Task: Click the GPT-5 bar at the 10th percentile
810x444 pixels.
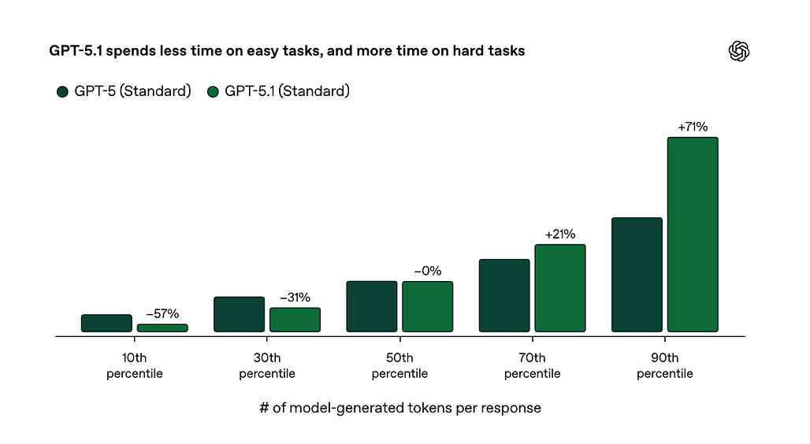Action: click(x=106, y=323)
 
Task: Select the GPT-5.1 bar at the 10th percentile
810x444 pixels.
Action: click(x=162, y=327)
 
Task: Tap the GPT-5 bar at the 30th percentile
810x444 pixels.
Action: click(x=239, y=314)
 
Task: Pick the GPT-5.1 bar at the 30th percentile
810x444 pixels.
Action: click(x=295, y=320)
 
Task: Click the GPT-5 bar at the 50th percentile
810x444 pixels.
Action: click(x=371, y=306)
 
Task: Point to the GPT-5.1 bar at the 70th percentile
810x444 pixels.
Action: click(x=560, y=288)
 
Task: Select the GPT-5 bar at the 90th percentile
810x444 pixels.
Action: click(x=637, y=275)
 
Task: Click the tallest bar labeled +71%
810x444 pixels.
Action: click(x=693, y=235)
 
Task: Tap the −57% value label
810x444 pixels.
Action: click(x=162, y=314)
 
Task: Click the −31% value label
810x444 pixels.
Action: click(x=295, y=298)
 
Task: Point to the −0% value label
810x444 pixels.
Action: click(x=427, y=272)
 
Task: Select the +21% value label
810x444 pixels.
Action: click(x=560, y=234)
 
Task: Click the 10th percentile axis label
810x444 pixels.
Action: click(x=135, y=366)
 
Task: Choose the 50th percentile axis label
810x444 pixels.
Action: click(x=399, y=366)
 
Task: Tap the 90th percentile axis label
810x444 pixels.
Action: click(x=665, y=366)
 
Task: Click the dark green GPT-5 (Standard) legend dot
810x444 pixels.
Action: click(x=63, y=92)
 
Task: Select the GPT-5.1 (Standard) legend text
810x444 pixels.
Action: click(x=287, y=91)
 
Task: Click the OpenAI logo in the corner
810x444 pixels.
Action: click(x=738, y=51)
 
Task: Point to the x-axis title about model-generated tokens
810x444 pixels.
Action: click(x=399, y=409)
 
